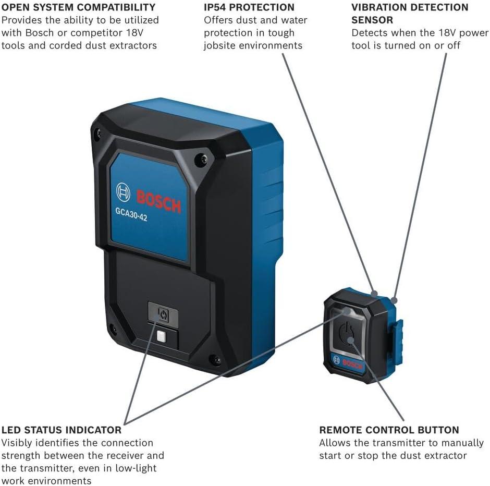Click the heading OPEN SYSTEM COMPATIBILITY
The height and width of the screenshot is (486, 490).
click(x=78, y=7)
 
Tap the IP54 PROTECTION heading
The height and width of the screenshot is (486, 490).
click(x=249, y=7)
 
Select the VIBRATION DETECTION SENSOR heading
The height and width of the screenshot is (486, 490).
click(x=410, y=14)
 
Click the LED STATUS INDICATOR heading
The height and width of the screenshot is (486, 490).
click(x=62, y=430)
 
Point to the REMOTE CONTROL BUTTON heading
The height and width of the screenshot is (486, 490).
click(x=389, y=430)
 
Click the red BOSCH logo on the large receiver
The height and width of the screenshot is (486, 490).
click(x=159, y=202)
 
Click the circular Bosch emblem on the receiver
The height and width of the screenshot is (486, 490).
click(x=123, y=192)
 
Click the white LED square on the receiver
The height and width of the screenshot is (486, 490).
click(x=161, y=337)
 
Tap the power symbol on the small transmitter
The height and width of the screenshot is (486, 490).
click(x=347, y=334)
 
